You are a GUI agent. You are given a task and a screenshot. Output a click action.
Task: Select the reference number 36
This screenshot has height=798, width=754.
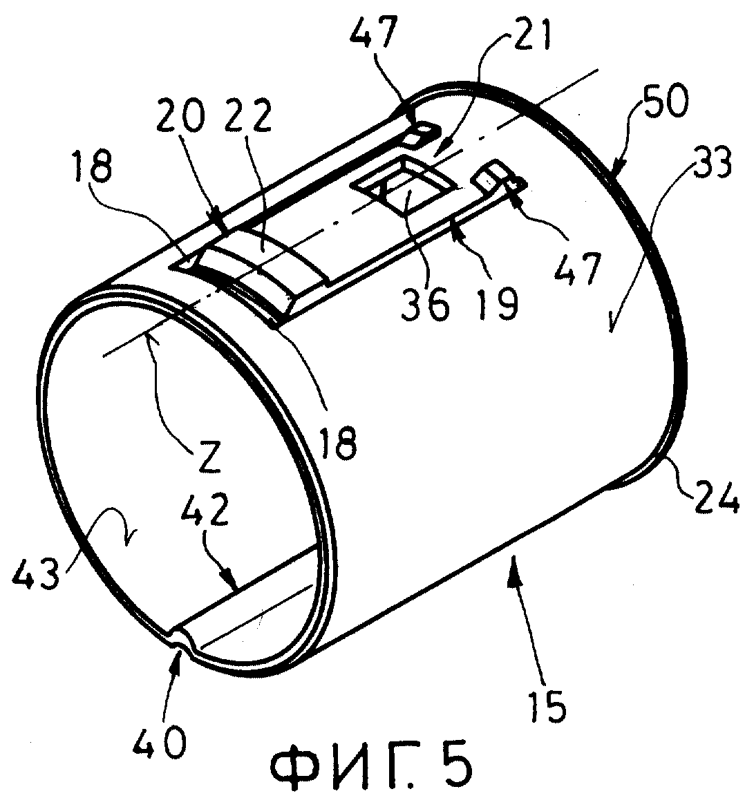(425, 304)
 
